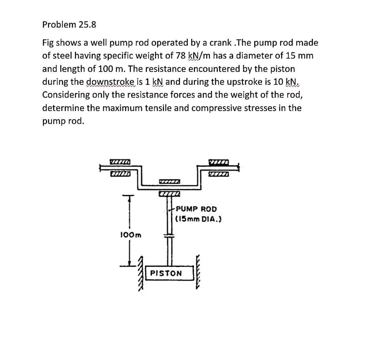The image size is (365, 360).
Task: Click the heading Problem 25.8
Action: pos(69,25)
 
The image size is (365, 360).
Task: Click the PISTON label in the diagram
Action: pos(166,273)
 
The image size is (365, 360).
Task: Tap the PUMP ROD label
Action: pos(196,209)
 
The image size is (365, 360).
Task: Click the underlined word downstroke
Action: pos(109,82)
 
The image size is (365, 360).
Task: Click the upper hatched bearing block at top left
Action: pos(119,162)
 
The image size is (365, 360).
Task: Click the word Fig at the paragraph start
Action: pos(48,43)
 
